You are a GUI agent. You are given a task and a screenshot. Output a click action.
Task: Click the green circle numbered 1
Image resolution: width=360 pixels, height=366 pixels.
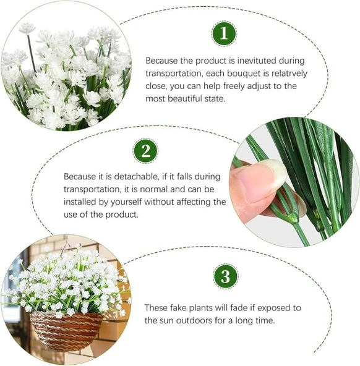tap(224, 33)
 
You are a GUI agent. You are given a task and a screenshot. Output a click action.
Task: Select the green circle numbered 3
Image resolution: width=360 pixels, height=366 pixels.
tap(225, 276)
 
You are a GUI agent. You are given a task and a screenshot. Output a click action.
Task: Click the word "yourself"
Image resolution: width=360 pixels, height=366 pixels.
tap(126, 202)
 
